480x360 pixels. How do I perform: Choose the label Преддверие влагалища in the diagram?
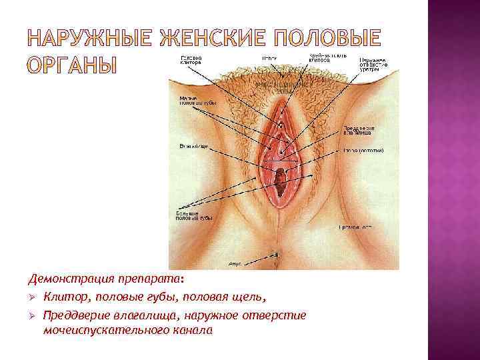359,129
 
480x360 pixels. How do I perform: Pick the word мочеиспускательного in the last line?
103,330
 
